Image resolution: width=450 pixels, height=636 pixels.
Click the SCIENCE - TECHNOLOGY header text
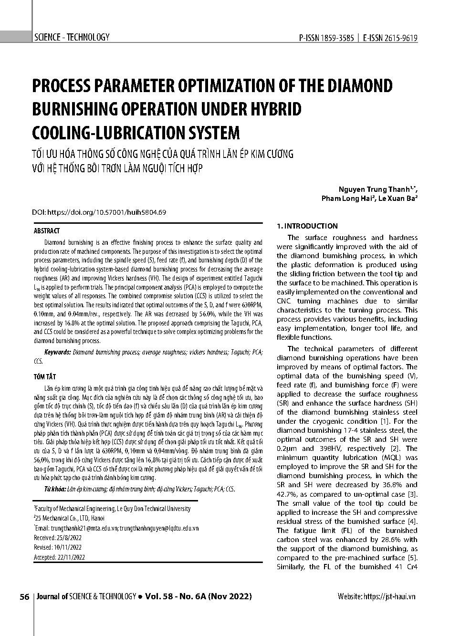click(x=72, y=37)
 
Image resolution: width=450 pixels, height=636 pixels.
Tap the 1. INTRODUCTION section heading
click(x=307, y=226)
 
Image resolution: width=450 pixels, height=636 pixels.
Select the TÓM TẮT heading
click(x=45, y=377)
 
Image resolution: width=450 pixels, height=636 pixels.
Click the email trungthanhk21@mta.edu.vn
click(x=84, y=528)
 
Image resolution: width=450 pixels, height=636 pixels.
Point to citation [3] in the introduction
click(x=413, y=494)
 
